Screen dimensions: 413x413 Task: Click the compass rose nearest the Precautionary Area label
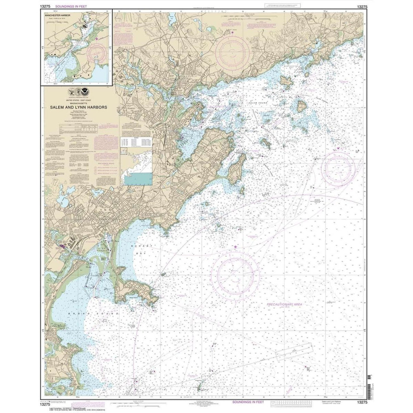[x=235, y=273]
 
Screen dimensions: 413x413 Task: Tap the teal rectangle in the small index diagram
[x=139, y=178]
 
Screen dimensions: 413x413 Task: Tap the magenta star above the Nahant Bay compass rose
[x=235, y=247]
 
